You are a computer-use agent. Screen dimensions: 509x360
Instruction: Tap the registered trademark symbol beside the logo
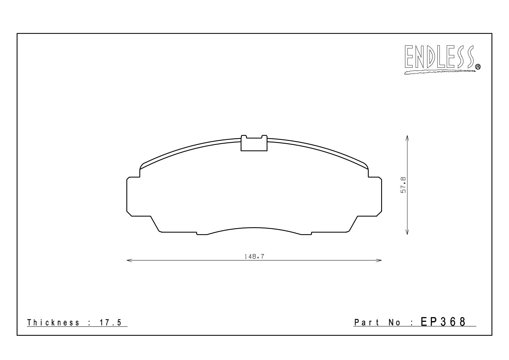[x=478, y=67]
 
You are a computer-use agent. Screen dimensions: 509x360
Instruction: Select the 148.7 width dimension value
[x=254, y=257]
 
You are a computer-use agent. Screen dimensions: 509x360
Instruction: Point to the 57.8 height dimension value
[x=403, y=185]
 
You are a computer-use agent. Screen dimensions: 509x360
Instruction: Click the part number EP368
[x=443, y=322]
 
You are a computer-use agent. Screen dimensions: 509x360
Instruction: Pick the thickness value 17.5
[x=111, y=322]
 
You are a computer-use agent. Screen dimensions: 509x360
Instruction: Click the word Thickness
[x=53, y=322]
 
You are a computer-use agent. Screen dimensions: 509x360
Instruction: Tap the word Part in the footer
[x=367, y=322]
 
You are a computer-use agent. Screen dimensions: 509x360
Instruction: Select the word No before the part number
[x=394, y=322]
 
